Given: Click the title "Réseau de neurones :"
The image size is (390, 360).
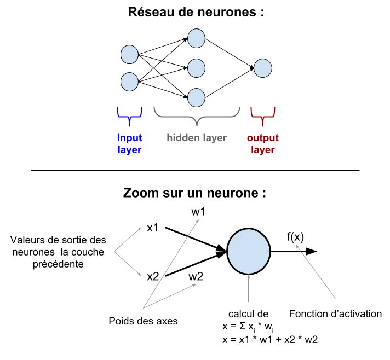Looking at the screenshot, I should point(195,13).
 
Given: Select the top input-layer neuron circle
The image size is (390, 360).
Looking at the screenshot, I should point(130,54).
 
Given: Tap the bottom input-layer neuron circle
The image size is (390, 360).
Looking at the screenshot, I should point(130,81).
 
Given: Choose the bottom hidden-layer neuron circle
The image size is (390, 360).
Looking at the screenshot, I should point(196,97).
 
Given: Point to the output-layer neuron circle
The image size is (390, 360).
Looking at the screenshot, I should point(263,68).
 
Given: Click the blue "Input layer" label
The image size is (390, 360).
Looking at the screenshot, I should point(129,143).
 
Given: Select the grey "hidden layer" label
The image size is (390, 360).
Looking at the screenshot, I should point(197,138).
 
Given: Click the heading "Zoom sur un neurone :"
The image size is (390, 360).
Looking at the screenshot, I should point(195,193).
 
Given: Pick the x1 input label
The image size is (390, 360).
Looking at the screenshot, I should point(153,227).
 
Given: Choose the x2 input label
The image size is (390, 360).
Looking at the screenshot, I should point(153,276).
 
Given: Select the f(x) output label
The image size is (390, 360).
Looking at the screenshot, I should point(297,237).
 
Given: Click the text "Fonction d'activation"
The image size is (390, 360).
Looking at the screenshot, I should point(335,313).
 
